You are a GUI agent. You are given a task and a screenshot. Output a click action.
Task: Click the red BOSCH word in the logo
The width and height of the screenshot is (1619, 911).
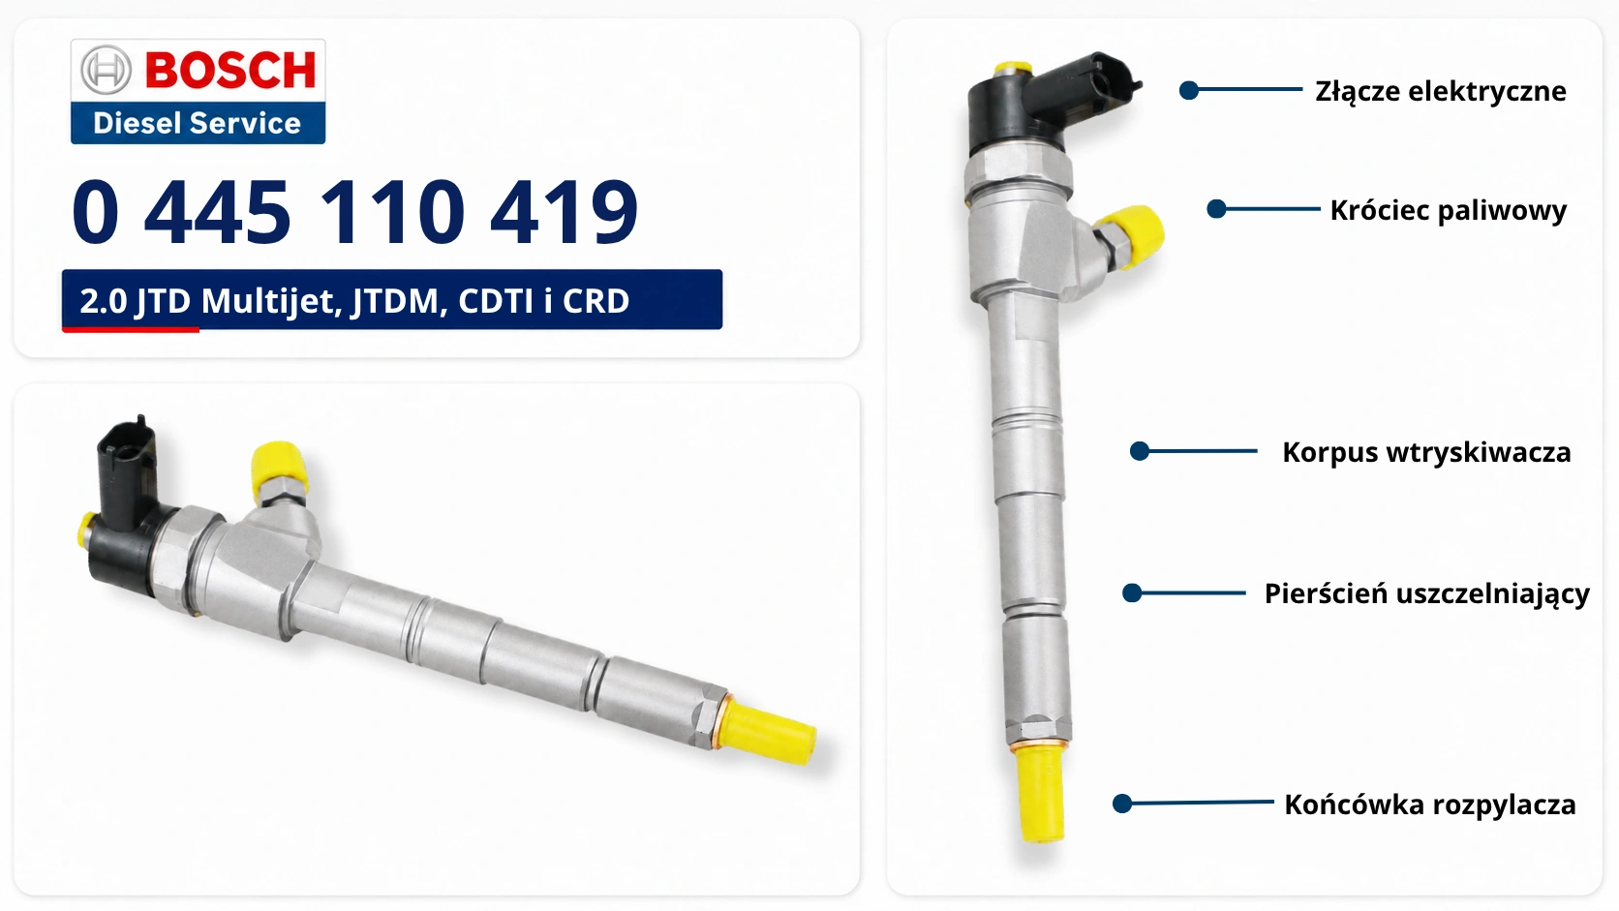click(230, 70)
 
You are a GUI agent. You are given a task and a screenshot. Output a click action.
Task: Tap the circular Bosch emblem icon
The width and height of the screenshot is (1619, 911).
click(106, 70)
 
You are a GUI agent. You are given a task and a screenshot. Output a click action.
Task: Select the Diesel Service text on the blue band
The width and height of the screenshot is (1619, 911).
click(197, 124)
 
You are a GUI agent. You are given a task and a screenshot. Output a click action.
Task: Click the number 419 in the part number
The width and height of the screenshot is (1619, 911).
click(564, 212)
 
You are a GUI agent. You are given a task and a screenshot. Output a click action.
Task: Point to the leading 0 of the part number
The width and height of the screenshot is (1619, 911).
click(96, 212)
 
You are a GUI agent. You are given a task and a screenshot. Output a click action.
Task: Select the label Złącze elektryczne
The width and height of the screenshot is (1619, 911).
click(1441, 92)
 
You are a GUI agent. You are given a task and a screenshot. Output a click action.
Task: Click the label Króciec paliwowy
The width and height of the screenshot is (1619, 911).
click(1449, 211)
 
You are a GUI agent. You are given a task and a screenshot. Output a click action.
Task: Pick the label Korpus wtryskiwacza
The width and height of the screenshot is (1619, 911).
click(1426, 453)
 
